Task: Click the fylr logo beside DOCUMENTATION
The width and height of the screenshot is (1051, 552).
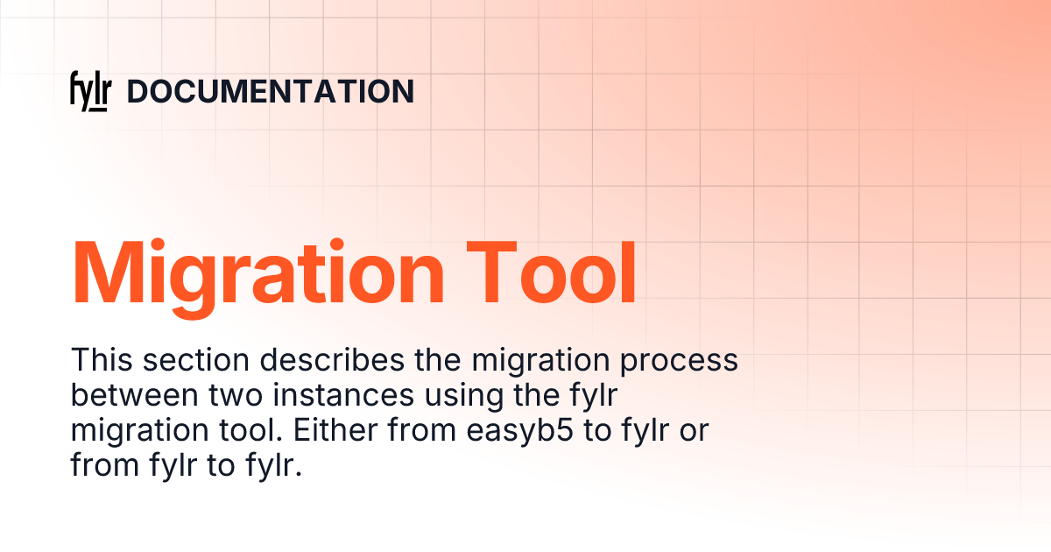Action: coord(89,92)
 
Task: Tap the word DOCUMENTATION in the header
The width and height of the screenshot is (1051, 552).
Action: coord(271,92)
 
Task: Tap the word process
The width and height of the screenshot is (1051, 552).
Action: coord(681,360)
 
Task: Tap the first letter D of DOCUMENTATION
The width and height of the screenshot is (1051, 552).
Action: coord(138,92)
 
